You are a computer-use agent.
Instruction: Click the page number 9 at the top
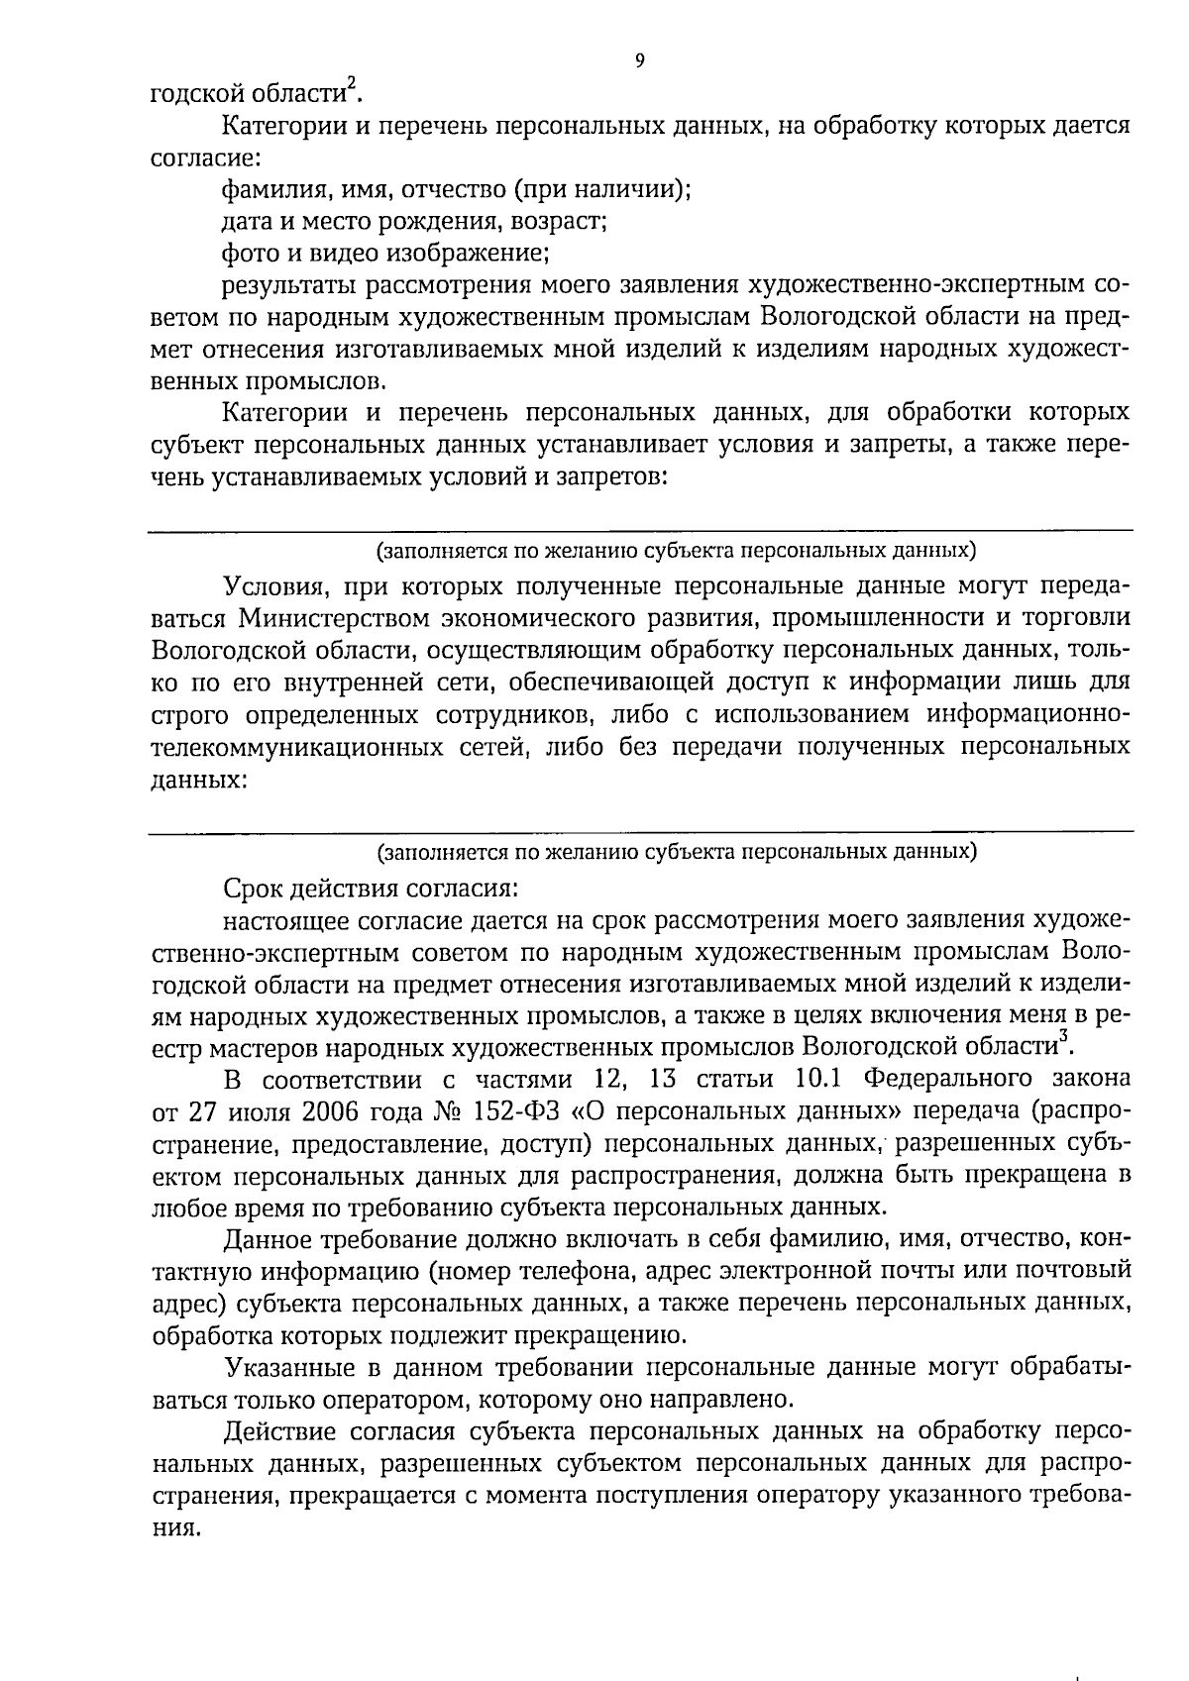point(638,60)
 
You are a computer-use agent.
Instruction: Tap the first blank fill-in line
point(639,530)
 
